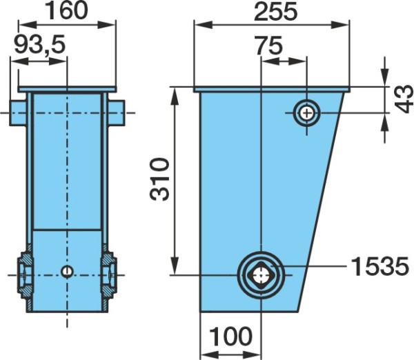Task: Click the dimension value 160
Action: [66, 10]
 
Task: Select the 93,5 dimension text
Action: [39, 45]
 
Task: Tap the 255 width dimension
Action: [275, 12]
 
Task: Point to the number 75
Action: [269, 46]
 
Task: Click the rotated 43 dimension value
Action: [404, 99]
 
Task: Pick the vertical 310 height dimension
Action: [159, 179]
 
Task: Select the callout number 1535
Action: [380, 267]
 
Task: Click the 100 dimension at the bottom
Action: [230, 336]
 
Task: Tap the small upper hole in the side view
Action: [306, 114]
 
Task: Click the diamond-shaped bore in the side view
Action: [261, 275]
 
